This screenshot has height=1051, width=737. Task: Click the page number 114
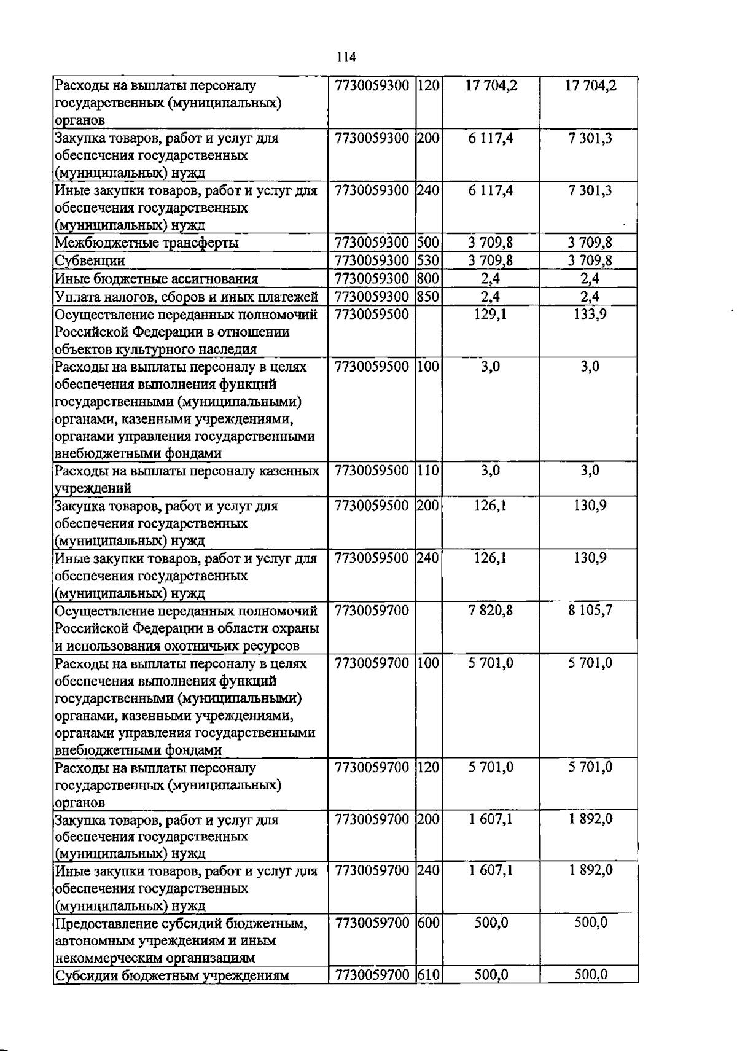click(346, 57)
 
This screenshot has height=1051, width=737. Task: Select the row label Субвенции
click(90, 260)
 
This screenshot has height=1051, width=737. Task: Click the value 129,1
click(490, 315)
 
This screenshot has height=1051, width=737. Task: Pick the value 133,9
click(590, 315)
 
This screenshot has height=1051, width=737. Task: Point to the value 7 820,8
click(490, 611)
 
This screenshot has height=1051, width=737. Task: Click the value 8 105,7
click(590, 611)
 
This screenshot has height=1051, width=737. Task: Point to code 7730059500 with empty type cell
click(372, 315)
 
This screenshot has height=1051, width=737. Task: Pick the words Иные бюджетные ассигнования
click(156, 279)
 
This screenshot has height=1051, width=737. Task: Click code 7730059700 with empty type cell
click(372, 611)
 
